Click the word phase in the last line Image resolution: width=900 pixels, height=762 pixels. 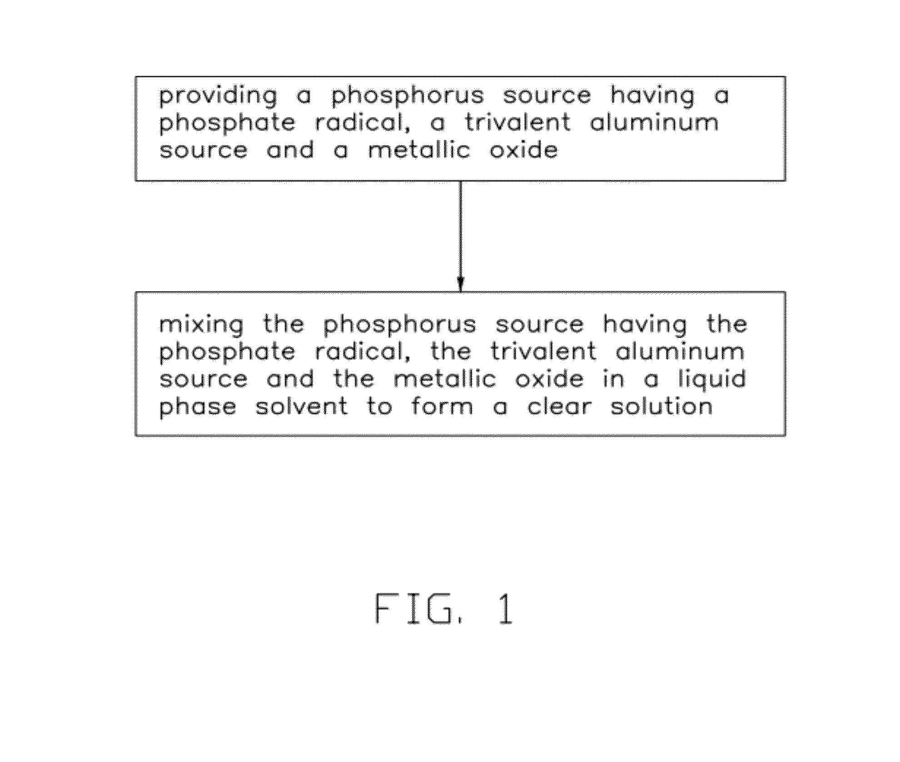(198, 407)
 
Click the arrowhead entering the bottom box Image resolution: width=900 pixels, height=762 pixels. (460, 284)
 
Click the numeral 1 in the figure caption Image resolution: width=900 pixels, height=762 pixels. (505, 609)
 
